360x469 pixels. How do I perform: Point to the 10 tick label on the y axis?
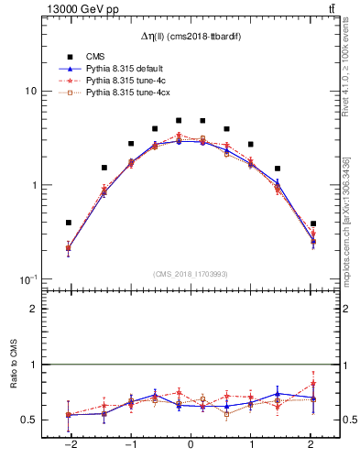[x=30, y=92]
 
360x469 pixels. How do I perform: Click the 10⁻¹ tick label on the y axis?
[x=28, y=278]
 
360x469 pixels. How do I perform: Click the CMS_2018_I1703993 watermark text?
[x=191, y=273]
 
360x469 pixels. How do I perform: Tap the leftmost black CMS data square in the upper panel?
[x=69, y=223]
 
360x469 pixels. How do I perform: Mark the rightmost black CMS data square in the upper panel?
[x=313, y=224]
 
